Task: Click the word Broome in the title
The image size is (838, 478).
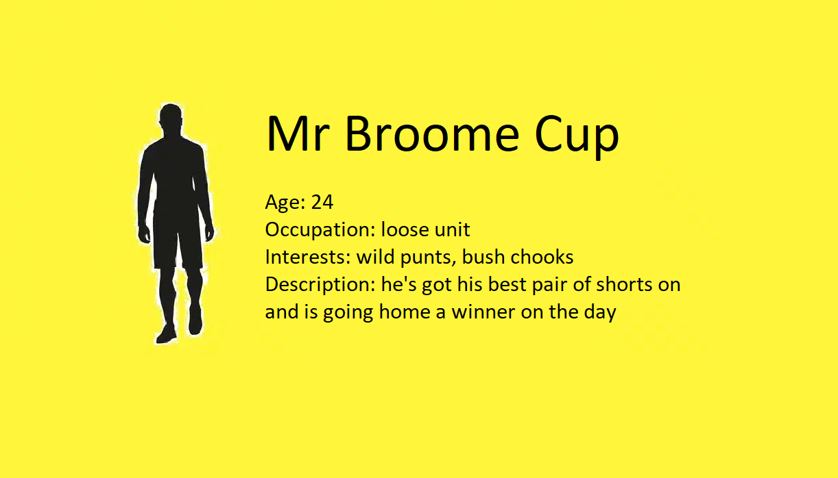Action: click(432, 134)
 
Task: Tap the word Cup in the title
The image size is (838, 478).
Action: click(577, 136)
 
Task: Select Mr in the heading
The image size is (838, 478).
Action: click(298, 134)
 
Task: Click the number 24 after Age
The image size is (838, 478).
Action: click(322, 202)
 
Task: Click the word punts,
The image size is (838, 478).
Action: click(429, 258)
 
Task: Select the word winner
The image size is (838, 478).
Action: click(483, 312)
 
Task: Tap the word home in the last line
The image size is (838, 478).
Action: click(405, 312)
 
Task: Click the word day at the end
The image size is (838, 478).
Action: click(600, 313)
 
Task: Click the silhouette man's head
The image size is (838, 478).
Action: click(171, 116)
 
